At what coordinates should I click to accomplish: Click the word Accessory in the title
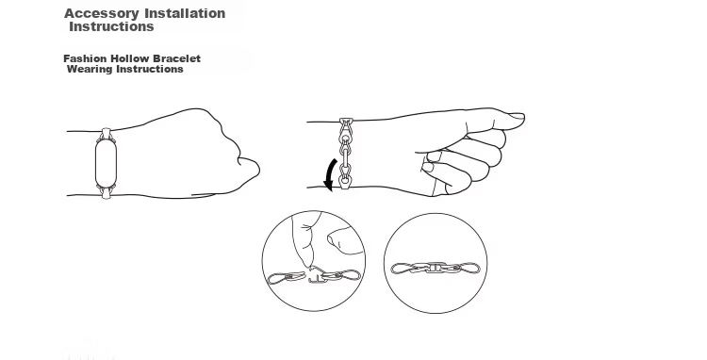[x=102, y=13]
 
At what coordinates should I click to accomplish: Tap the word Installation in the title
[x=185, y=13]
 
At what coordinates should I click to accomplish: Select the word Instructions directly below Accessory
[x=111, y=26]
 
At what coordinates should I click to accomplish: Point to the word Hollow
[x=130, y=58]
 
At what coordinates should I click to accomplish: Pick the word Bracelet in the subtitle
[x=177, y=58]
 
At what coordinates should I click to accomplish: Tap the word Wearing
[x=90, y=69]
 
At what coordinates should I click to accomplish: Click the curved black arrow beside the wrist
[x=331, y=174]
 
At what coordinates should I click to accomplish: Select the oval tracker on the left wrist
[x=106, y=163]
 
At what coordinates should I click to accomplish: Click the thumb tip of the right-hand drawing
[x=518, y=117]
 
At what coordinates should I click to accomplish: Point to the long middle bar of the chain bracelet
[x=346, y=156]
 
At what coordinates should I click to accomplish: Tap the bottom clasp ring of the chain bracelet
[x=345, y=181]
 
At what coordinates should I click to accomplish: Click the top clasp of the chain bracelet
[x=346, y=123]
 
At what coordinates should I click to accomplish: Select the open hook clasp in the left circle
[x=317, y=276]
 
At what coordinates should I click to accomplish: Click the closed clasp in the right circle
[x=436, y=268]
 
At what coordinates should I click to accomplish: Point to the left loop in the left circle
[x=280, y=278]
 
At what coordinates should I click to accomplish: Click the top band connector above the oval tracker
[x=106, y=134]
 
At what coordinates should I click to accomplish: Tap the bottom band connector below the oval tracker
[x=106, y=193]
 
